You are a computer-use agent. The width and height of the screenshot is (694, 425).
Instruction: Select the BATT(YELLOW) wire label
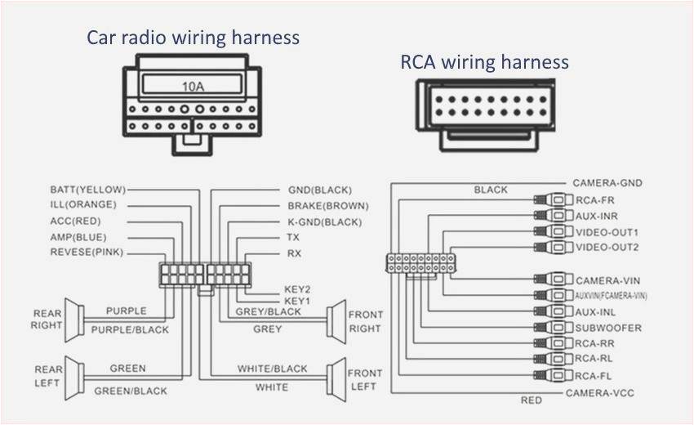point(87,189)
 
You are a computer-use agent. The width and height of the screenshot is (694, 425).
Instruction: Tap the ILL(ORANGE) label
point(83,204)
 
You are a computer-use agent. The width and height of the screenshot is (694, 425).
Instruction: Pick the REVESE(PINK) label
point(87,253)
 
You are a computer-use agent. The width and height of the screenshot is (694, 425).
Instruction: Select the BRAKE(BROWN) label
point(327,205)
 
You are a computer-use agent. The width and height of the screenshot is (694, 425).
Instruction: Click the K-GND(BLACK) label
point(324,221)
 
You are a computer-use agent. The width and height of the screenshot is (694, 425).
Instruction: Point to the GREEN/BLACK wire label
point(131,391)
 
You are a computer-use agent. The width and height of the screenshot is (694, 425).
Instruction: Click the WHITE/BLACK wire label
point(272,369)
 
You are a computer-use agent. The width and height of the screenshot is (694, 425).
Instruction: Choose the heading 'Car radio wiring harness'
point(194,38)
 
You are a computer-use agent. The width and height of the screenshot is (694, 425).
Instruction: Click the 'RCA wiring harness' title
point(484,62)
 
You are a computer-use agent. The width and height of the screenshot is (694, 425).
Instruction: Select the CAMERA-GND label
point(607,183)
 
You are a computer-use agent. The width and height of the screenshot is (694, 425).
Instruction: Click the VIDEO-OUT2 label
point(607,247)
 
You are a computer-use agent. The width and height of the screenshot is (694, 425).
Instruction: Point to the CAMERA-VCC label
point(599,393)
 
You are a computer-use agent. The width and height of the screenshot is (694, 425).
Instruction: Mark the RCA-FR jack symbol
point(554,199)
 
